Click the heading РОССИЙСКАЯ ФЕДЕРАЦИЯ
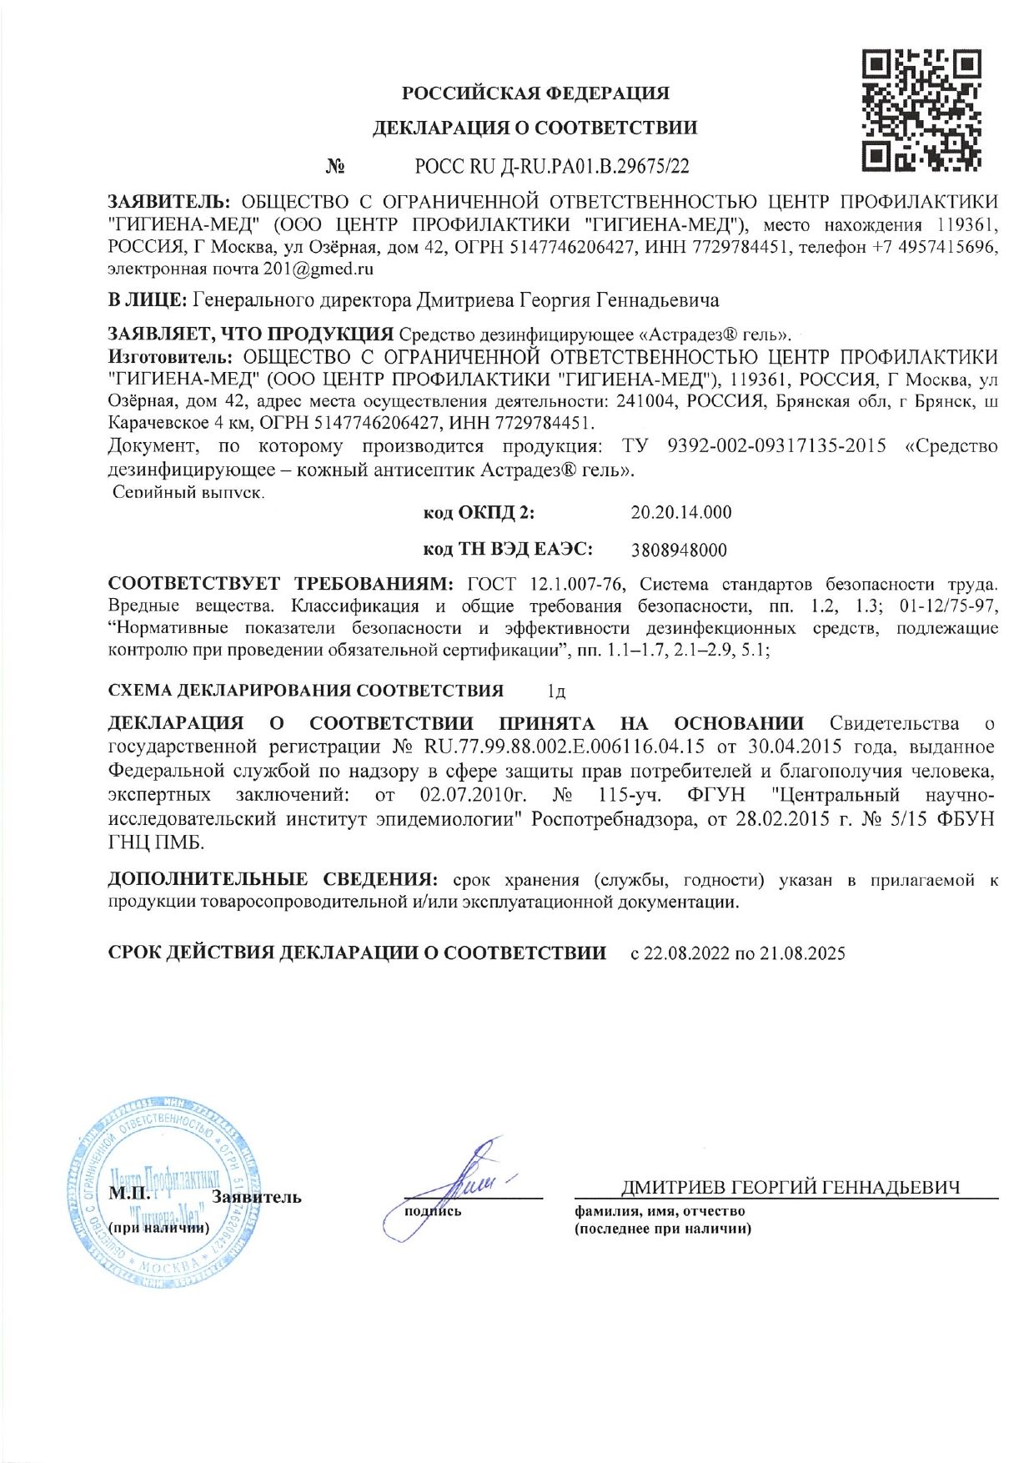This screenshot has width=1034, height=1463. coord(535,93)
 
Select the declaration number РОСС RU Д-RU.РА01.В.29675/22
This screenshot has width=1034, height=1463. coord(552,167)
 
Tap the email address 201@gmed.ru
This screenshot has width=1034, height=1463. coord(319,269)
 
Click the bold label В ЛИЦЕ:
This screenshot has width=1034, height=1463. coord(148,300)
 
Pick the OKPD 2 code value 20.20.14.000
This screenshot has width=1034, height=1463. coord(680,512)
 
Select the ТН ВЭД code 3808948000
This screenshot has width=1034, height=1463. coord(679,551)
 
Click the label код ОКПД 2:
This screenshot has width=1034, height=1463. coord(479,512)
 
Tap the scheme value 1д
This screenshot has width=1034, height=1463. coord(556,691)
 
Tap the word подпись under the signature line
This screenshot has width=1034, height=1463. coord(432,1210)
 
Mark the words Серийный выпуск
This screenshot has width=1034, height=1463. coord(188,492)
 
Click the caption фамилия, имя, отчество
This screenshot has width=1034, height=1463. coord(660,1211)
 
